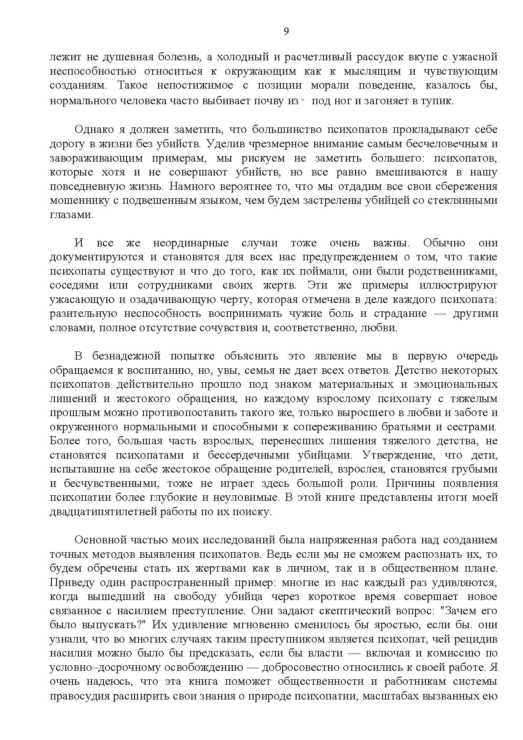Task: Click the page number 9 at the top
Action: pyautogui.click(x=286, y=32)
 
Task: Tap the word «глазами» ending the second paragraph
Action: pyautogui.click(x=70, y=215)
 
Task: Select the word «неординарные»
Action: pyautogui.click(x=191, y=243)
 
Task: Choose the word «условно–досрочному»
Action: pyautogui.click(x=111, y=667)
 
